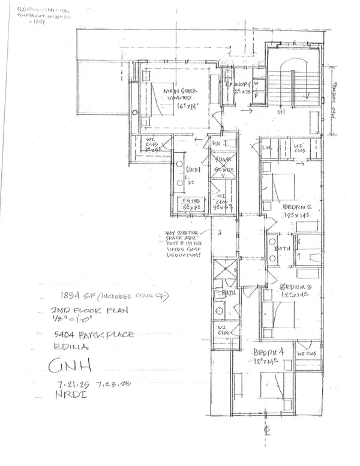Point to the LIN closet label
tap(268, 148)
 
